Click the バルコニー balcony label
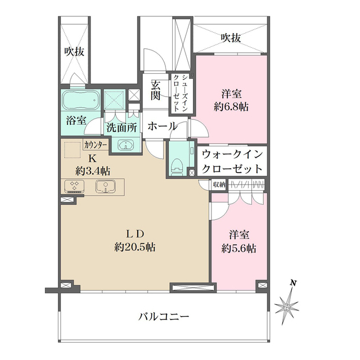pos(164,317)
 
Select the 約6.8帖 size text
pos(231,106)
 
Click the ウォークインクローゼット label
pos(231,161)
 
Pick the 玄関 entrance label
pos(155,90)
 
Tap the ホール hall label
pos(163,127)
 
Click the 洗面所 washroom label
pos(122,127)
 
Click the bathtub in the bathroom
pos(79,101)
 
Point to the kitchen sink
pos(106,186)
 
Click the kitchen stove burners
pos(73,186)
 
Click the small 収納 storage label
pos(219,184)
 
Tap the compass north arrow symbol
pos(288,304)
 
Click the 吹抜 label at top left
pos(74,52)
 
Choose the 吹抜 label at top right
pos(231,38)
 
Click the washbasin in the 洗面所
pos(124,145)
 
